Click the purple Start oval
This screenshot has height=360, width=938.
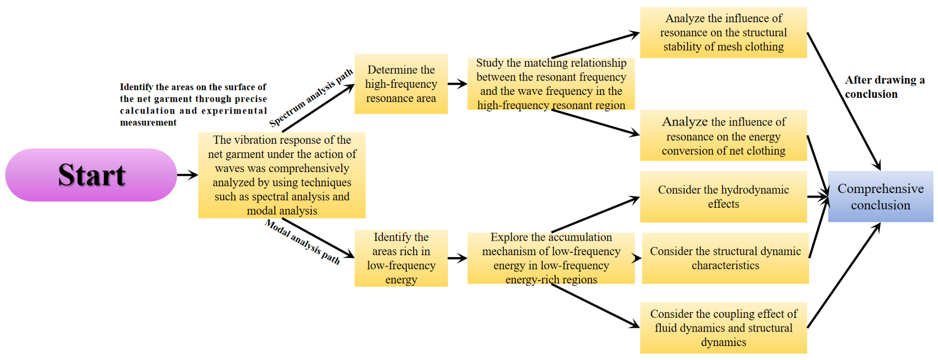[x=91, y=175]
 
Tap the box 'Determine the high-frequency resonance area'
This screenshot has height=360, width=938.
[x=401, y=84]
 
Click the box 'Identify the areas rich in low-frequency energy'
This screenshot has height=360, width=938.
[x=401, y=258]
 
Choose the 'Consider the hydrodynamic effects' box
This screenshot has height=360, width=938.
[x=723, y=197]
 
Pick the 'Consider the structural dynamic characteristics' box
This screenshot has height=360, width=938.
[x=725, y=258]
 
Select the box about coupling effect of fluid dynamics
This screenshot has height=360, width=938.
[x=723, y=328]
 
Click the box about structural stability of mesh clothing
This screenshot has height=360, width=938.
[x=723, y=32]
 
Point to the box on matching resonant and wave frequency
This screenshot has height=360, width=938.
[x=551, y=84]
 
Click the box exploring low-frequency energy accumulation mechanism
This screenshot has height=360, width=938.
[x=551, y=258]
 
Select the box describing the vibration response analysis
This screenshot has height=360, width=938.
[x=282, y=175]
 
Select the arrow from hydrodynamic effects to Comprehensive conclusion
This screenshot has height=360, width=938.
[x=818, y=197]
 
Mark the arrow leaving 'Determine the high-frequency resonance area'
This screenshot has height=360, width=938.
[x=457, y=84]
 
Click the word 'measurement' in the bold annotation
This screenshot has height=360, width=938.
[x=148, y=123]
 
